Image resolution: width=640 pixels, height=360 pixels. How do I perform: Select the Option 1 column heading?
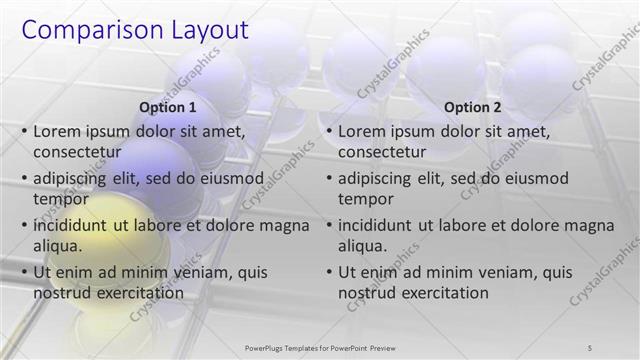pyautogui.click(x=166, y=108)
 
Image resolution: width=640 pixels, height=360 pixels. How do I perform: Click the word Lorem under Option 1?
pyautogui.click(x=58, y=131)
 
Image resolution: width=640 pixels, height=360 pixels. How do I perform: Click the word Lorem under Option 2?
pyautogui.click(x=363, y=131)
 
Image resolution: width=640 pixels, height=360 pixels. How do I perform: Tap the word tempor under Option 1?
pyautogui.click(x=61, y=199)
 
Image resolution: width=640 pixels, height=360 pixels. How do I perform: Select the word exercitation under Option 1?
pyautogui.click(x=138, y=293)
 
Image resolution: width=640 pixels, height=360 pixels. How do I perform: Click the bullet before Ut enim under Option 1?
pyautogui.click(x=24, y=272)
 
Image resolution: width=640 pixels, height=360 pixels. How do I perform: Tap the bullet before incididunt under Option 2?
pyautogui.click(x=329, y=225)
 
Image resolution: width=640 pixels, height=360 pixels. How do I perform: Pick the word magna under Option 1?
pyautogui.click(x=279, y=225)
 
